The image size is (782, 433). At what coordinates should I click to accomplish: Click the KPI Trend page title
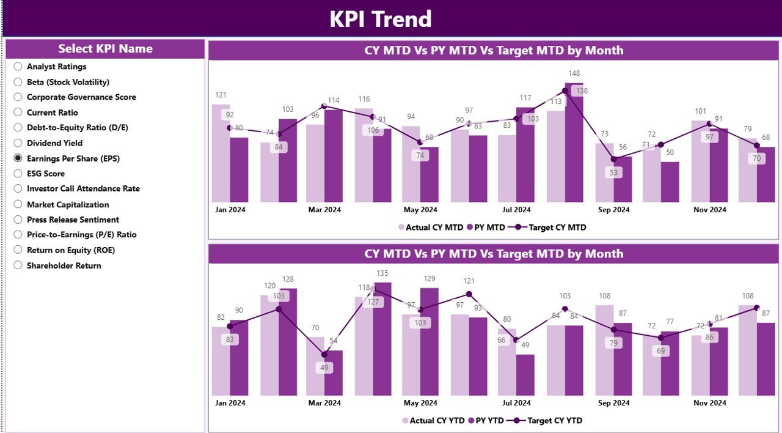click(380, 19)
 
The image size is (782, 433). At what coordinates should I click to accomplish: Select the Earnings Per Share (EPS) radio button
click(18, 158)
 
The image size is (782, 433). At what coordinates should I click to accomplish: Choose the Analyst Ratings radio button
click(18, 67)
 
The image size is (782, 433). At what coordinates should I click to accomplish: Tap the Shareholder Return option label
click(64, 265)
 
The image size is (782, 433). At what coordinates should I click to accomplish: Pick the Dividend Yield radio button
click(18, 143)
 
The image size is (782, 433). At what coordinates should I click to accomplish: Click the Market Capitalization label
click(68, 204)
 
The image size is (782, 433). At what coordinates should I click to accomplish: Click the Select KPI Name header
click(105, 49)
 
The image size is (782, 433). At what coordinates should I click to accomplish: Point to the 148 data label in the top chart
click(574, 74)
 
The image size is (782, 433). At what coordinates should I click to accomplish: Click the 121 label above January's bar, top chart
click(221, 95)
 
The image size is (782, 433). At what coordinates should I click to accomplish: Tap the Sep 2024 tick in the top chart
click(613, 210)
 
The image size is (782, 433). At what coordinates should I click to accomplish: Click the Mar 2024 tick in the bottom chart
click(324, 403)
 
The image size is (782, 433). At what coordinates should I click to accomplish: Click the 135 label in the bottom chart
click(382, 273)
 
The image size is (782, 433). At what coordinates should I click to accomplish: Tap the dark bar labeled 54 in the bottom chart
click(334, 373)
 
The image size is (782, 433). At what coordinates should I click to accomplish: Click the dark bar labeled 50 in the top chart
click(670, 182)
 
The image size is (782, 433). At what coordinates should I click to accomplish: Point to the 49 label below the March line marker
click(324, 368)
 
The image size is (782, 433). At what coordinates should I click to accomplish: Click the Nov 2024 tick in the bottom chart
click(709, 403)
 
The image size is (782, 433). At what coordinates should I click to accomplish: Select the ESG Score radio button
click(18, 174)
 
